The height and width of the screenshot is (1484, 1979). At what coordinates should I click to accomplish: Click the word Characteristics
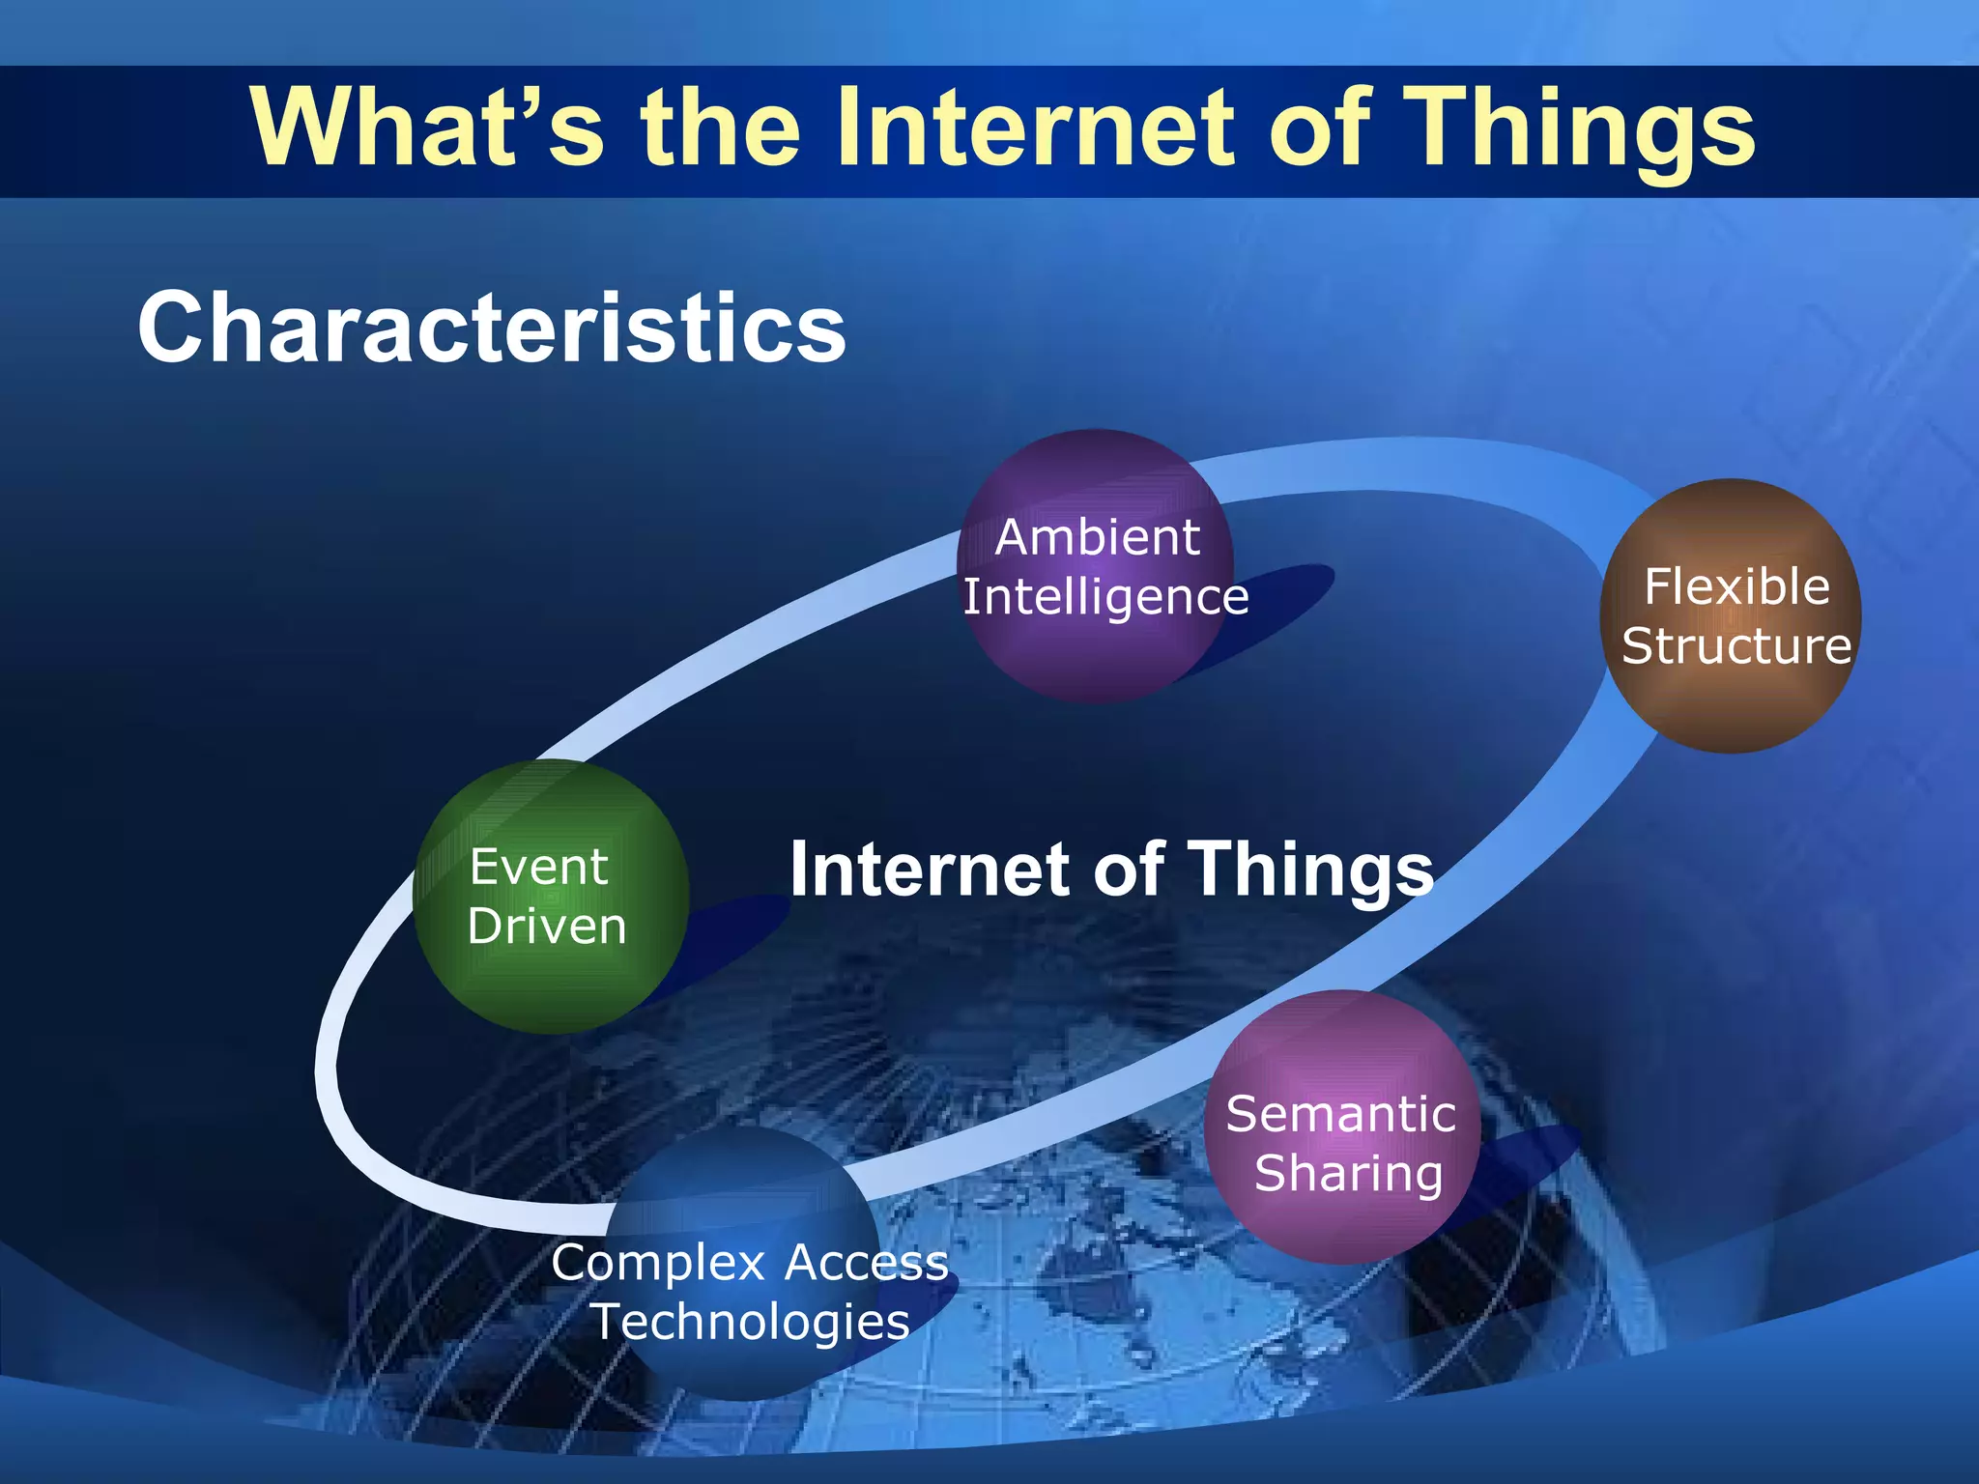tap(491, 328)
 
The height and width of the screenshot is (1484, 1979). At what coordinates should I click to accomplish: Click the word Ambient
tap(1098, 537)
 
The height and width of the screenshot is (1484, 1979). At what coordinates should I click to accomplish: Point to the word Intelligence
tap(1105, 597)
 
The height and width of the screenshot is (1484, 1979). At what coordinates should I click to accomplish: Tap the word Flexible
tap(1736, 586)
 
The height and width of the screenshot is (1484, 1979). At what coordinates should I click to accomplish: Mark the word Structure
tap(1736, 645)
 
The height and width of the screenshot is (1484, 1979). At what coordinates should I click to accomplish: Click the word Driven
tap(547, 926)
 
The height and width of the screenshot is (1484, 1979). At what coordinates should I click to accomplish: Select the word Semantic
tap(1340, 1114)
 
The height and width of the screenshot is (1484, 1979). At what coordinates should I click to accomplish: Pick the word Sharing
tap(1348, 1173)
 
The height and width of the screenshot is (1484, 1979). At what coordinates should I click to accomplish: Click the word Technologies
tap(751, 1322)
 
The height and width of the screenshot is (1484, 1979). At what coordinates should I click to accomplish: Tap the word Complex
tap(659, 1264)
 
